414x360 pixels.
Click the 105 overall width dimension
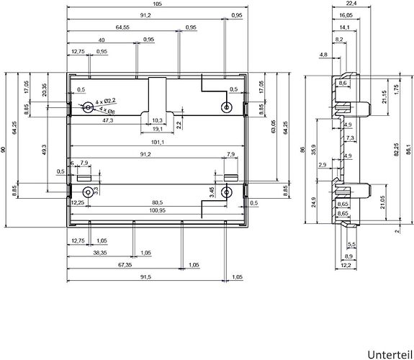coord(157,4)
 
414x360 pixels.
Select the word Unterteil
coord(390,354)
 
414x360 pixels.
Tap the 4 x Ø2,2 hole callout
coord(105,101)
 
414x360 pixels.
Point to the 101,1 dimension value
coord(158,143)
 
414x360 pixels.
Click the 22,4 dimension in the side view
coord(351,3)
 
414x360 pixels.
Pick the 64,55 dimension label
coord(122,27)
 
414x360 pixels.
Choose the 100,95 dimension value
coord(158,210)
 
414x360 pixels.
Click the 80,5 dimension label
coord(158,202)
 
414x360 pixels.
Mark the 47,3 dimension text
coord(107,120)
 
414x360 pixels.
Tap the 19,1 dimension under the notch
coord(158,129)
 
